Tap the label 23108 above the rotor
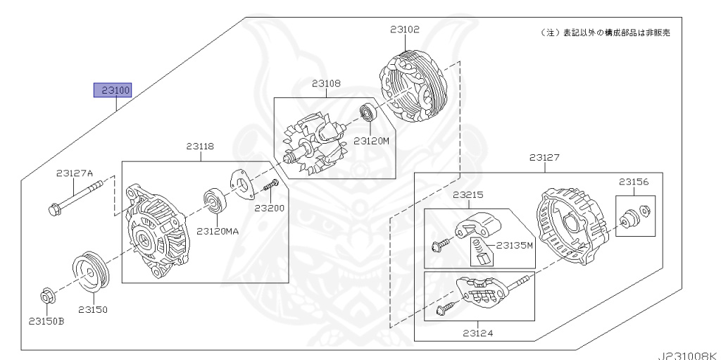click(327, 83)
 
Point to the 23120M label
click(372, 140)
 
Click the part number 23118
click(200, 147)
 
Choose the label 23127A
click(75, 173)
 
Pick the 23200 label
click(269, 209)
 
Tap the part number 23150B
click(46, 321)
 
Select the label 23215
click(467, 194)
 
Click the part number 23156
click(634, 182)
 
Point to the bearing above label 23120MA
click(214, 200)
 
